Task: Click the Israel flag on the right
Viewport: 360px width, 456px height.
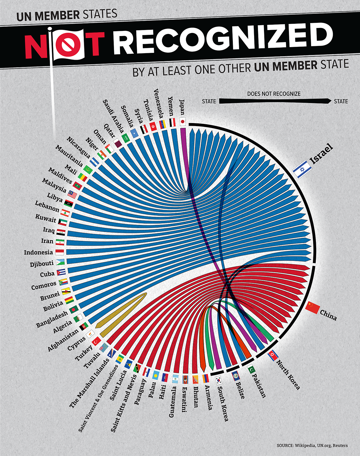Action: pos(302,169)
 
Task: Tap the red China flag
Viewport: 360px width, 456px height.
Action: pos(313,307)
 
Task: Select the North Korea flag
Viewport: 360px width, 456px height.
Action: pos(273,355)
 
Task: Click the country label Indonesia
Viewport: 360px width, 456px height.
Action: pos(38,252)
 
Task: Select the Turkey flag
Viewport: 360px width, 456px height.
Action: pos(96,341)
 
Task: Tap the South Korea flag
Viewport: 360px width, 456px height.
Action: pos(219,380)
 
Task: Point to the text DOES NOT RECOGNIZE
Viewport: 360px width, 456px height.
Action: pos(274,94)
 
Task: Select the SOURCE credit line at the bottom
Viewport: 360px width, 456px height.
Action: pos(312,445)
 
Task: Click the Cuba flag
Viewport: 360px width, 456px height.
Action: pos(61,272)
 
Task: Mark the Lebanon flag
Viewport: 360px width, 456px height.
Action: pos(65,213)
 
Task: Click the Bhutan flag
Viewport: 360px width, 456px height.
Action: pos(195,379)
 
